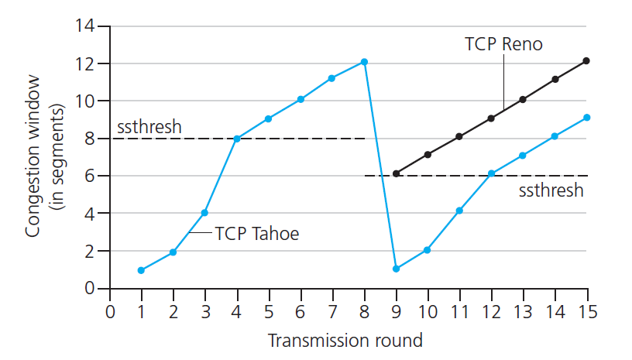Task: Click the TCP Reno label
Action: (x=503, y=44)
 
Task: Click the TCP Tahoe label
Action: (x=257, y=234)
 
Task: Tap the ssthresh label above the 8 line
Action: (x=149, y=127)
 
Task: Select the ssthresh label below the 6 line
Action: (x=551, y=190)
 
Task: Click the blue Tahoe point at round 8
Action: (x=364, y=62)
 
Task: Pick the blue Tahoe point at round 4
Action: (x=237, y=139)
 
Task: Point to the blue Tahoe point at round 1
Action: (x=141, y=270)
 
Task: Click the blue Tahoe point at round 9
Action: (x=396, y=269)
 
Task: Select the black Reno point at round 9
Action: (x=397, y=173)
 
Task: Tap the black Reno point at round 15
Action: (x=586, y=61)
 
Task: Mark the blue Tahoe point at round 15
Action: (x=587, y=118)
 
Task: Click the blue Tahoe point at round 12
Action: (x=491, y=173)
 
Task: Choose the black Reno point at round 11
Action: (x=459, y=136)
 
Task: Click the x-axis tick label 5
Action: (x=269, y=312)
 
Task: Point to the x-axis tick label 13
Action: (x=523, y=312)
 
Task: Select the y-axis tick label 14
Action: (x=84, y=26)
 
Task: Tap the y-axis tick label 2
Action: (x=90, y=252)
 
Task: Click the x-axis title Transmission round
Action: (x=345, y=341)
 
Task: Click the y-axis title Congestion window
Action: (x=33, y=156)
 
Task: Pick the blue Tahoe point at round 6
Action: (x=301, y=99)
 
